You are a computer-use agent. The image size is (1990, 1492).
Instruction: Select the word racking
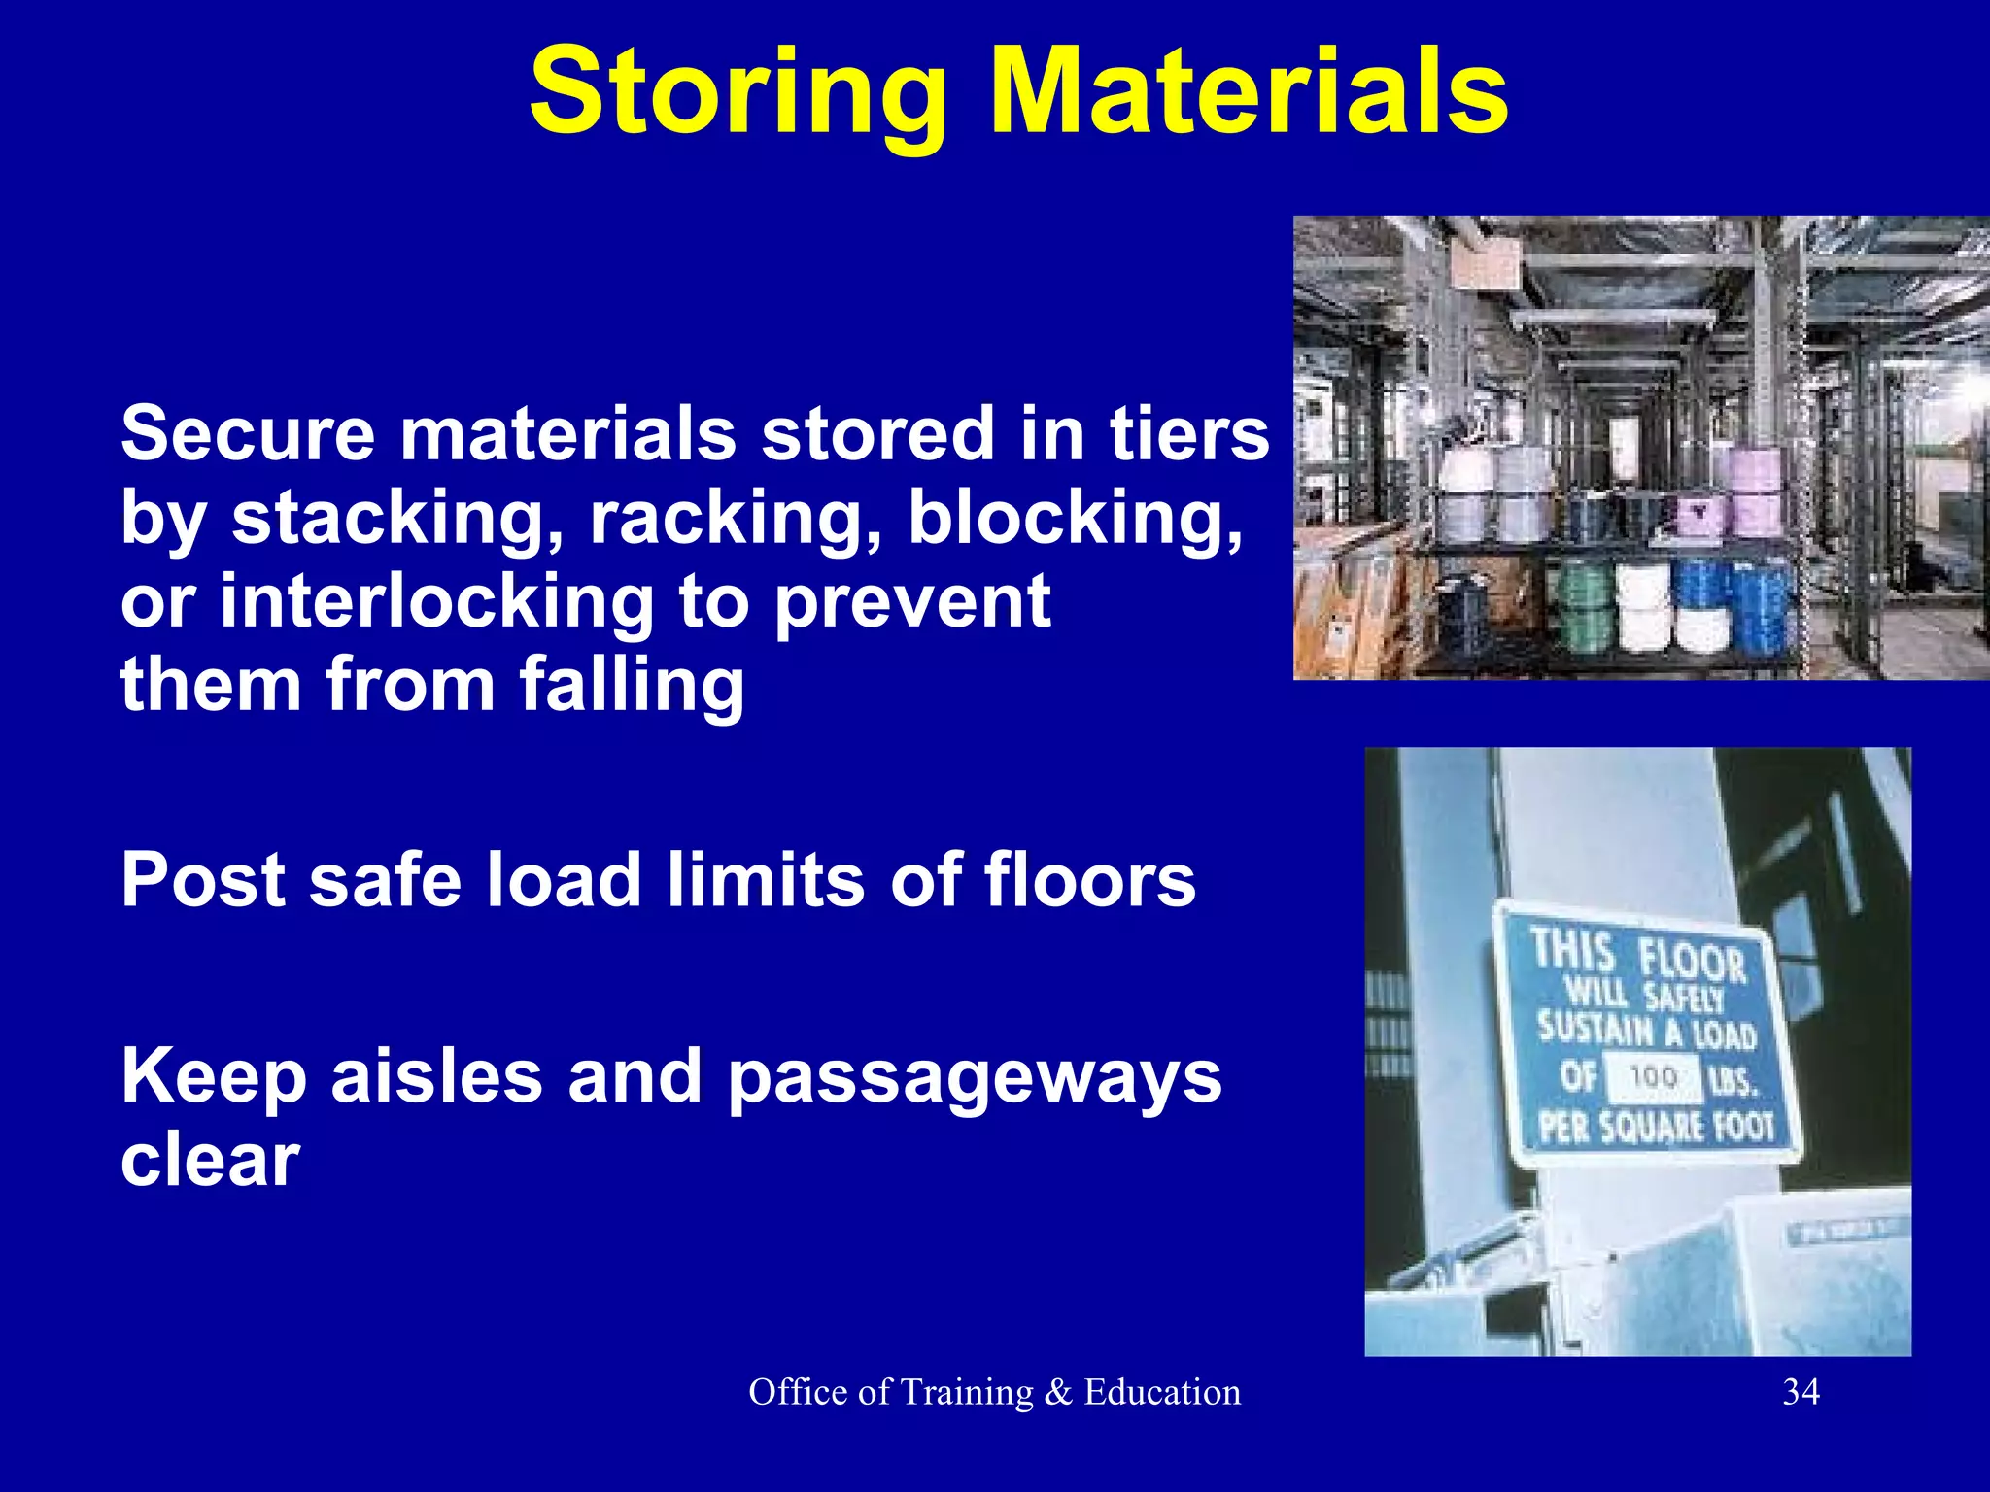(x=736, y=519)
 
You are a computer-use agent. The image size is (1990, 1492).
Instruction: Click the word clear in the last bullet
(x=210, y=1161)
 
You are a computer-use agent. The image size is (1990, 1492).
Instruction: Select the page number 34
(x=1801, y=1392)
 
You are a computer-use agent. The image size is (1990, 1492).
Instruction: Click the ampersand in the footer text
(x=1058, y=1392)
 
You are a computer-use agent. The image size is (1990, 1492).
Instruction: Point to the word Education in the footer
(x=1162, y=1392)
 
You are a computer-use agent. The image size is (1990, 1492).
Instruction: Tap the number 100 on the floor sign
(x=1653, y=1077)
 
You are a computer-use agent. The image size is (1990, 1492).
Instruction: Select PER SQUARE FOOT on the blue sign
(x=1656, y=1128)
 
